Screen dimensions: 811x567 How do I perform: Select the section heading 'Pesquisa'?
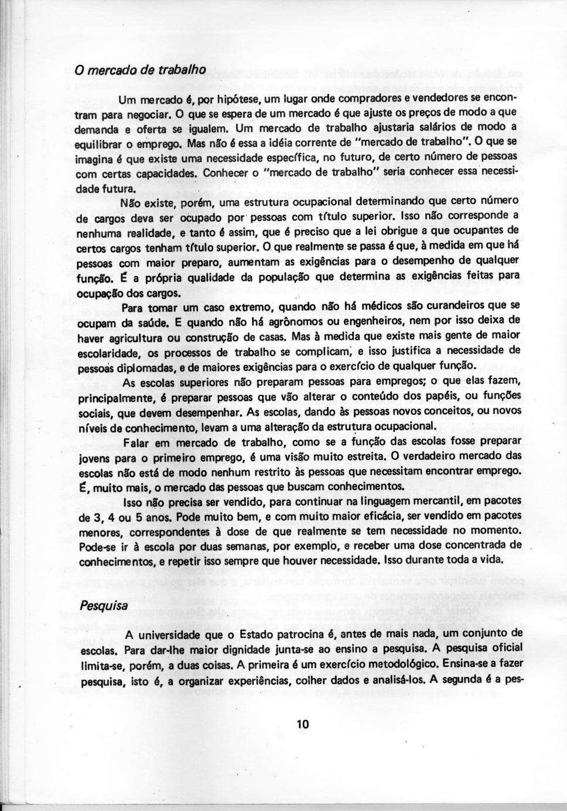point(103,605)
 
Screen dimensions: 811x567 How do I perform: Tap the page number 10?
point(302,724)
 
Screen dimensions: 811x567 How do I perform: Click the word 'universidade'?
point(170,635)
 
